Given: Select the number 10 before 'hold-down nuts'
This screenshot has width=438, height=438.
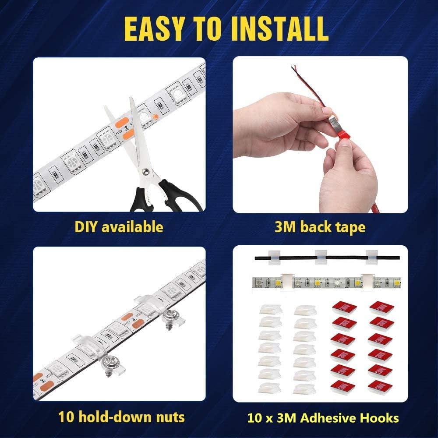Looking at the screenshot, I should (65, 417).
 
